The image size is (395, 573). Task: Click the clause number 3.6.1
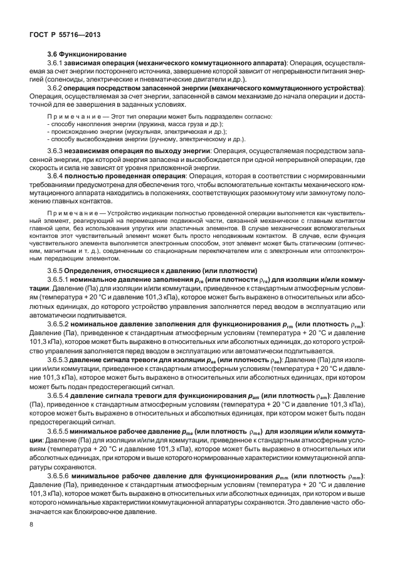tap(56, 63)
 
